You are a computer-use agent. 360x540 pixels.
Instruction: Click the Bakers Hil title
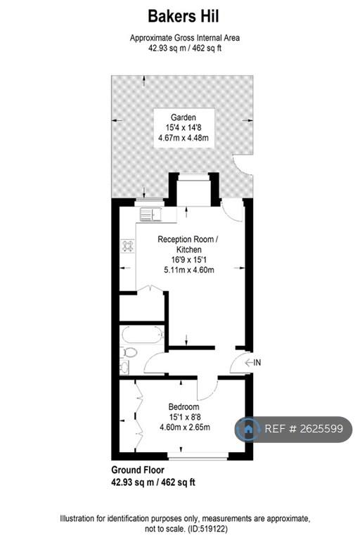point(184,16)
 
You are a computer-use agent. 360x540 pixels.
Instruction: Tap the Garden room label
point(184,117)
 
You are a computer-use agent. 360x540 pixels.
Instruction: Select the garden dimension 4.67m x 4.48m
point(184,138)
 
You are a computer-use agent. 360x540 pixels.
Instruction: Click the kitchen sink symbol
point(150,214)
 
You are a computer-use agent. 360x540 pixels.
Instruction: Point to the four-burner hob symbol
point(128,246)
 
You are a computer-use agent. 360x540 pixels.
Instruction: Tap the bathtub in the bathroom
point(142,335)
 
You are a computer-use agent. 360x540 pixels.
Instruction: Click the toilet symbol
point(129,352)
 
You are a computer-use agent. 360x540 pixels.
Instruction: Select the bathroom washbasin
point(124,367)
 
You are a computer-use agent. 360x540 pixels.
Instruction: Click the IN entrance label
point(257,362)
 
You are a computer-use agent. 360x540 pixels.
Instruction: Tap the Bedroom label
point(184,406)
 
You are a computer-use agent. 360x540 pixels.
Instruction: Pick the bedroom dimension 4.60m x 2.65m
point(185,427)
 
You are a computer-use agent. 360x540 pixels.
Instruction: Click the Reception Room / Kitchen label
point(188,244)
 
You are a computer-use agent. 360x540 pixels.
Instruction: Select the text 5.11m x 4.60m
point(188,270)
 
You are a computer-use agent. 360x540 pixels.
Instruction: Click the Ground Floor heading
point(138,470)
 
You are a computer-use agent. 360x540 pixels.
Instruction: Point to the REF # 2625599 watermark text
point(304,429)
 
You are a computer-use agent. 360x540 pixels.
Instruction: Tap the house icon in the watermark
point(248,429)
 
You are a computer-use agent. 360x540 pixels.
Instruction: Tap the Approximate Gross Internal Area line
point(185,38)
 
